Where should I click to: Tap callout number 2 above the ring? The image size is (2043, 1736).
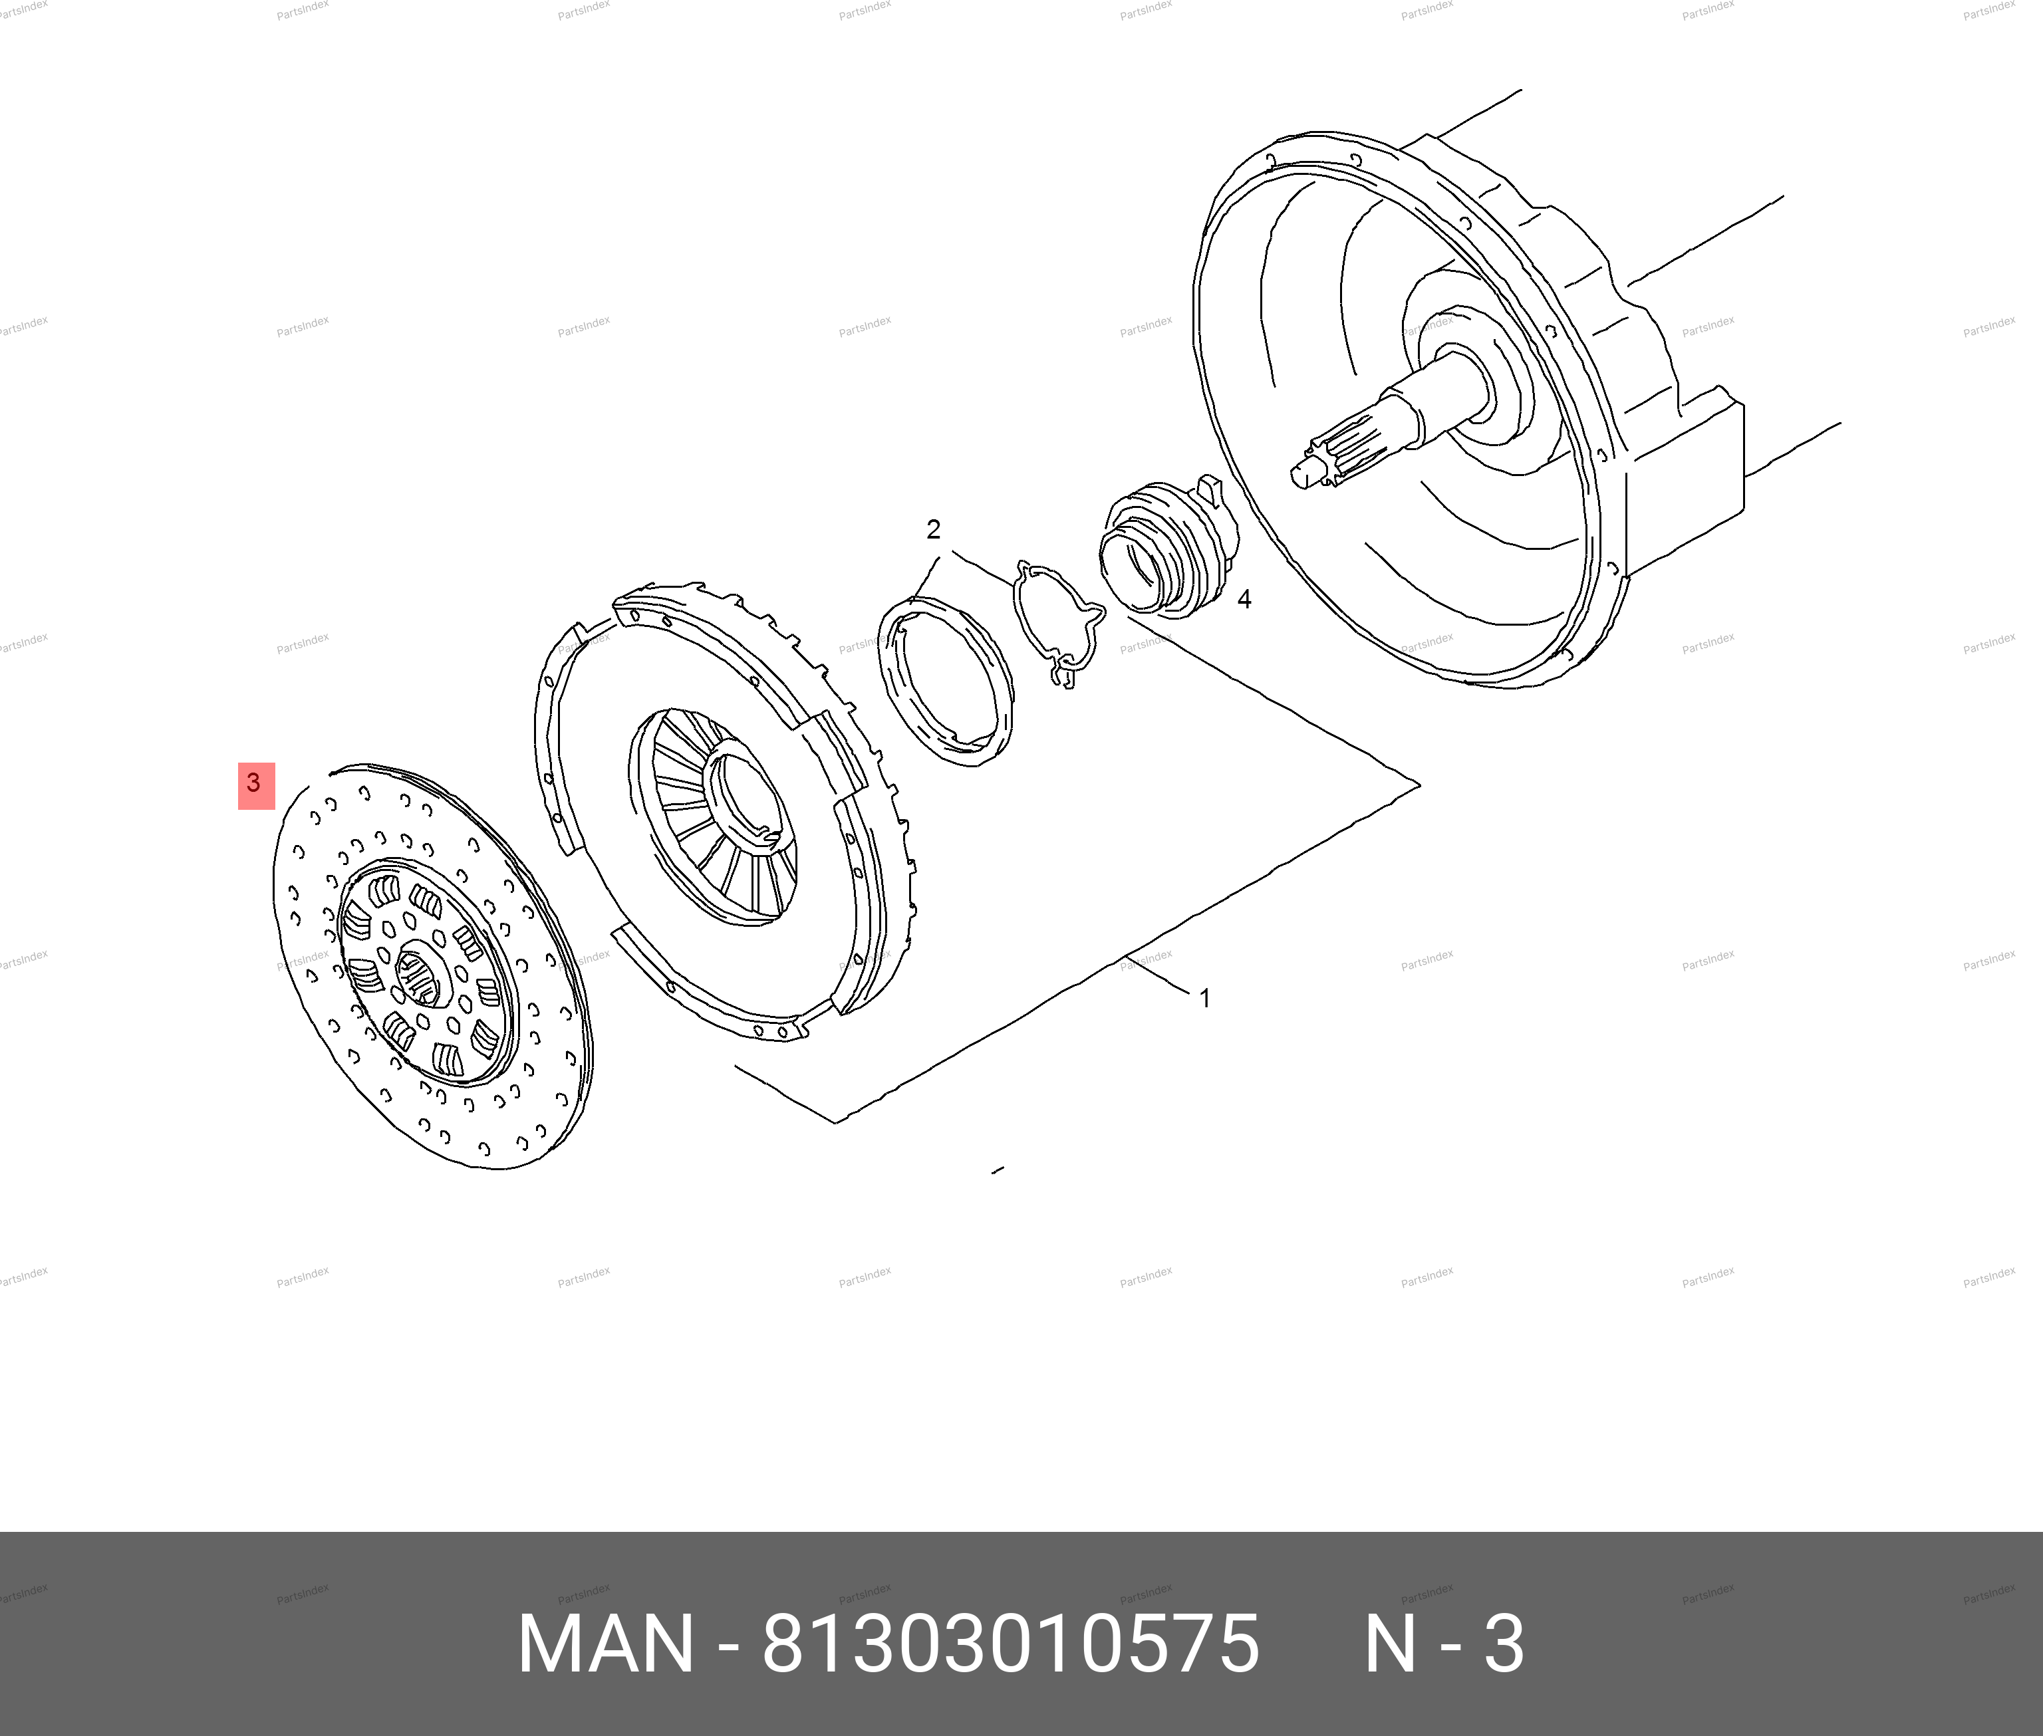tap(933, 529)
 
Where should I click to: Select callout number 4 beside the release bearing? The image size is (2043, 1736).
tap(1244, 599)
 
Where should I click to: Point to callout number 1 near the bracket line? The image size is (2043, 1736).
tap(1204, 998)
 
